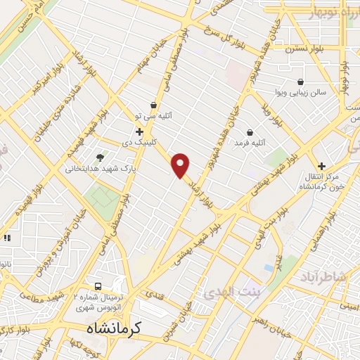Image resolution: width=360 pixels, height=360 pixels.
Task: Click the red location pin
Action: (181, 165)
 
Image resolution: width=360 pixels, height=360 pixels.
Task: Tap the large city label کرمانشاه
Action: (115, 328)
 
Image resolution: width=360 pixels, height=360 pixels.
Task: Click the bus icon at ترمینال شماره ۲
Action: (98, 287)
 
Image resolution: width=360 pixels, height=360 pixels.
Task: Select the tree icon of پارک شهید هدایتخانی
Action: (99, 157)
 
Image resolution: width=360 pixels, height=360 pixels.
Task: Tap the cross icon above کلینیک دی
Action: (139, 131)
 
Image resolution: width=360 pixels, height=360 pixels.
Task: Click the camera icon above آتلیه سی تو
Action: (153, 105)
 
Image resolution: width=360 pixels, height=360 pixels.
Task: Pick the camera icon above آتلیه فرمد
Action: (250, 132)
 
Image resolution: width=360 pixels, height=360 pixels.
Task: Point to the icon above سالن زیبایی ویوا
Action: (301, 82)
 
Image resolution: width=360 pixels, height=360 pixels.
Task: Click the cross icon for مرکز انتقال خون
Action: (321, 165)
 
